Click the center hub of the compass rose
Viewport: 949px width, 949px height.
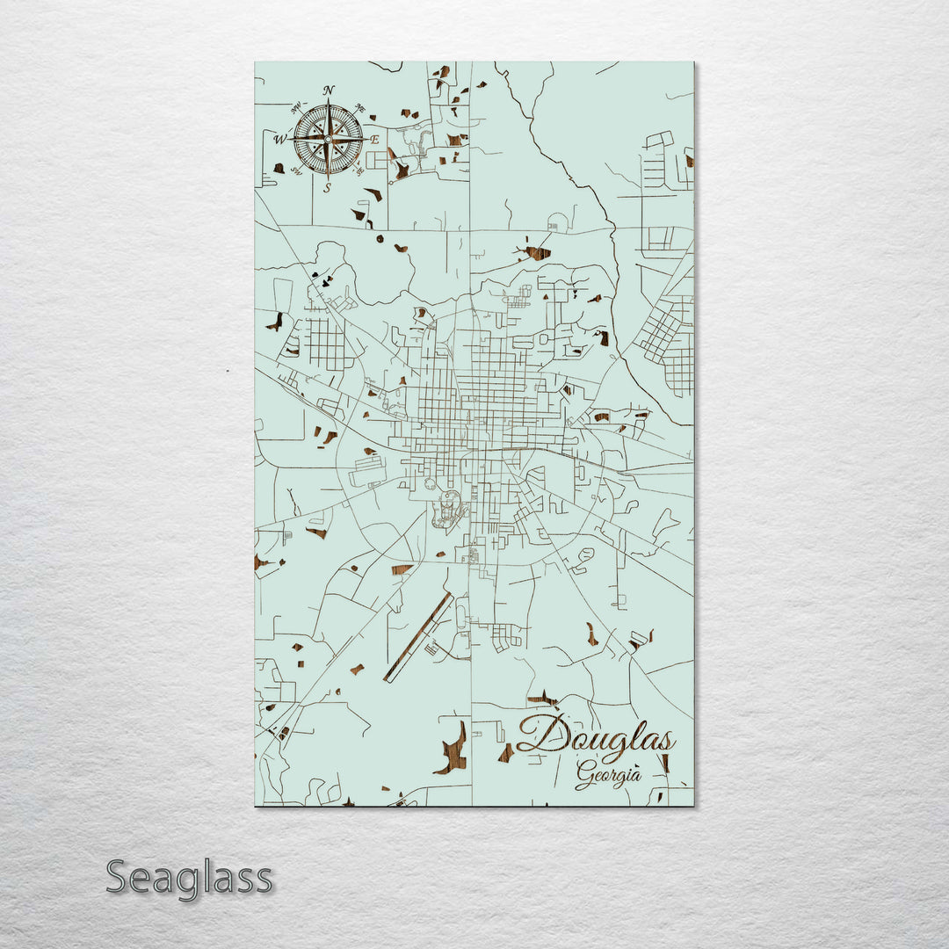328,139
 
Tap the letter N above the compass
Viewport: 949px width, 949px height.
329,91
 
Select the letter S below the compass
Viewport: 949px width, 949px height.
328,187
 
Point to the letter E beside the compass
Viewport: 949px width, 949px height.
374,140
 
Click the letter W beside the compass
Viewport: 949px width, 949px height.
280,139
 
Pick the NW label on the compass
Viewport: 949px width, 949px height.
295,106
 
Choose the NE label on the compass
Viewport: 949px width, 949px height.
359,107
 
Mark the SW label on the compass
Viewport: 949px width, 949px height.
296,171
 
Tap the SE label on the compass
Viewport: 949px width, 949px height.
360,171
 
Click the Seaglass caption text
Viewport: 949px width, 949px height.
189,878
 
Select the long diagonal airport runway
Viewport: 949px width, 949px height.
417,638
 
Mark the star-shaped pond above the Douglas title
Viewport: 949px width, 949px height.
543,699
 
